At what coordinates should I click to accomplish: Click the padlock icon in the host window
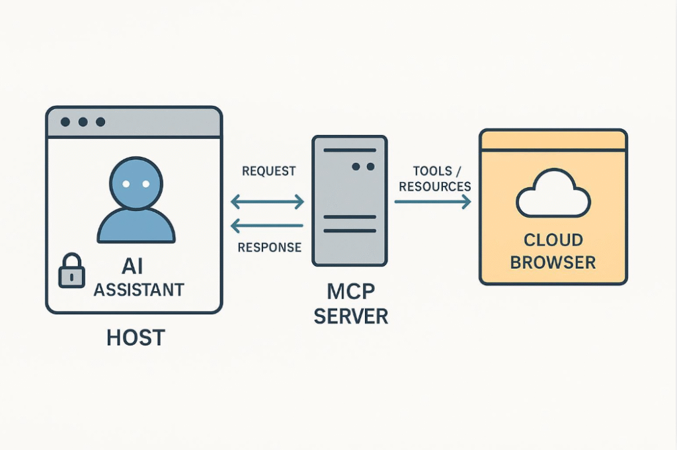(x=71, y=271)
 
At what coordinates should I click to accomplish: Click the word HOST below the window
(x=136, y=337)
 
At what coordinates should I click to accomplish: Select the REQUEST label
(x=268, y=171)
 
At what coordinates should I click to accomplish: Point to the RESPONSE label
(x=270, y=247)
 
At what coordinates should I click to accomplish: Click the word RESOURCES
(x=435, y=187)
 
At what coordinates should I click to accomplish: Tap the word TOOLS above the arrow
(x=432, y=171)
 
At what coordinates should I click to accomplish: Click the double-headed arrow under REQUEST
(x=267, y=202)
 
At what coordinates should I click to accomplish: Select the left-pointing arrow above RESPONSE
(x=267, y=225)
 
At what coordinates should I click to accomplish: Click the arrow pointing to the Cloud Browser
(x=432, y=202)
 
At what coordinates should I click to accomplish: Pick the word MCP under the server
(x=350, y=292)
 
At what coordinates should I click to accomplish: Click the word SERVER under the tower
(x=350, y=316)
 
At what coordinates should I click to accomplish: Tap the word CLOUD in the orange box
(x=553, y=240)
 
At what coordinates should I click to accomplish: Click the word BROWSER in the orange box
(x=553, y=263)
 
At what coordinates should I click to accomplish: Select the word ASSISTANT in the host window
(x=139, y=290)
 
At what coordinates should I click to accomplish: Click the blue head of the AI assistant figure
(x=136, y=184)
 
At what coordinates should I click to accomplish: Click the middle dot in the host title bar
(x=83, y=122)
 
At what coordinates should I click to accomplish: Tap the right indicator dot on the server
(x=370, y=166)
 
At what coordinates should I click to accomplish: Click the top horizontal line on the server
(x=350, y=150)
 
